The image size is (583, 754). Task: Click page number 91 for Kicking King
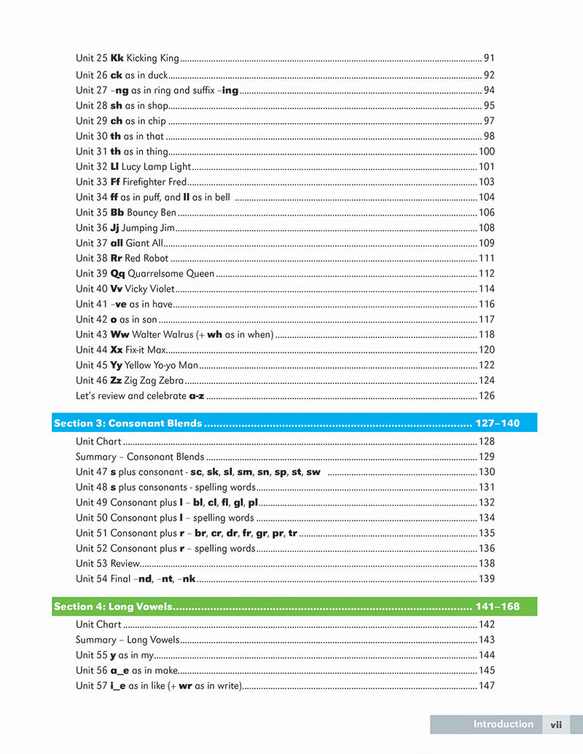489,58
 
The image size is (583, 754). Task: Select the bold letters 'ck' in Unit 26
117,75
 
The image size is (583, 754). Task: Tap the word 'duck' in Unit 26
157,75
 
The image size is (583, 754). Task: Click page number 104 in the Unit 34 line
486,197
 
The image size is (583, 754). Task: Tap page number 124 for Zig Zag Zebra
486,381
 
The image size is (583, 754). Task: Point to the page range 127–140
498,423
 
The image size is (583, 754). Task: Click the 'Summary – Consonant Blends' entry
140,457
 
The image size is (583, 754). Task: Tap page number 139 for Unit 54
486,579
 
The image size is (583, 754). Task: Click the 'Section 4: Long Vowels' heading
112,607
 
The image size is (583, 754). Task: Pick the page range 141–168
498,607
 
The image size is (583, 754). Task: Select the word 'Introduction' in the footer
503,724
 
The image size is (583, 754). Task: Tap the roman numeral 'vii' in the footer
556,725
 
